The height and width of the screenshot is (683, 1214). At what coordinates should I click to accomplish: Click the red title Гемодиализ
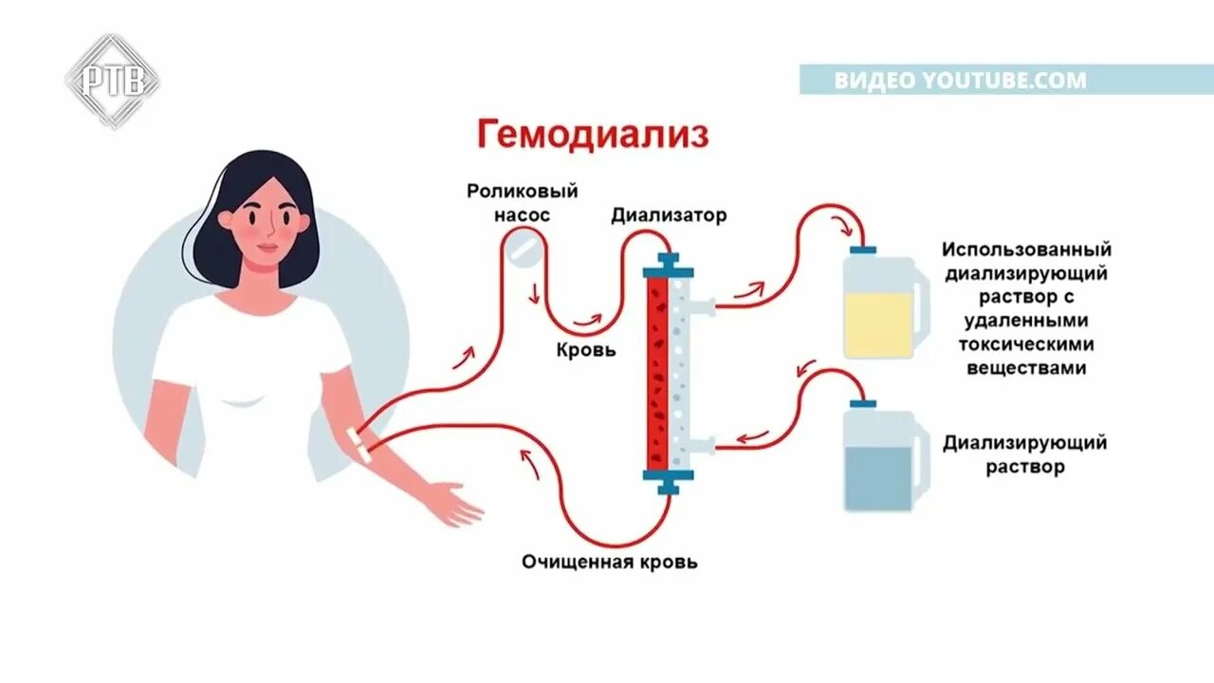click(x=592, y=134)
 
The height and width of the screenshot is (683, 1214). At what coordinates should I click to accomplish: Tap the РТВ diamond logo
click(x=112, y=81)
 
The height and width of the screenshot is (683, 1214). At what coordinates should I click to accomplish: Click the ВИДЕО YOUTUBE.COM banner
click(x=960, y=81)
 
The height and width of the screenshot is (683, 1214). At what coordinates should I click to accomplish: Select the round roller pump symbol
click(x=524, y=249)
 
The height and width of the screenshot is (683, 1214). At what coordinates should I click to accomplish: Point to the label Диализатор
click(x=669, y=215)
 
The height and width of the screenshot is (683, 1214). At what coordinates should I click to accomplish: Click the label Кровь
click(x=585, y=350)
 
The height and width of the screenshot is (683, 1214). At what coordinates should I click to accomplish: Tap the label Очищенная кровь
click(x=610, y=562)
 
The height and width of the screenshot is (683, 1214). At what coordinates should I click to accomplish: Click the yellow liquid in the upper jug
click(x=878, y=323)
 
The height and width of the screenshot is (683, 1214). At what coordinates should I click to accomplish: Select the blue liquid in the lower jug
click(x=878, y=477)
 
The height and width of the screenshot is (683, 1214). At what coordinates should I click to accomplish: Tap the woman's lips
click(x=268, y=248)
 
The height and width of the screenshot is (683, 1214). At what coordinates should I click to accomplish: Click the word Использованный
click(x=1026, y=250)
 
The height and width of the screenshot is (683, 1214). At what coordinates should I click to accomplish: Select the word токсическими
click(x=1026, y=344)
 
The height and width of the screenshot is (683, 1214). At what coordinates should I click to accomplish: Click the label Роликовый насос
click(x=522, y=203)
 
